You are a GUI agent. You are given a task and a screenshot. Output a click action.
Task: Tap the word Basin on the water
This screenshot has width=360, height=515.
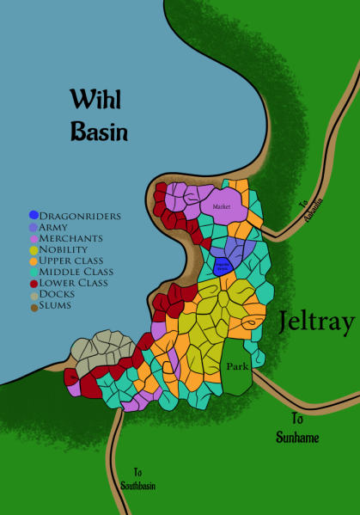tap(99, 132)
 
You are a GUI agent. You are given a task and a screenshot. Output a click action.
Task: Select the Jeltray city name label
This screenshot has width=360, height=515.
tap(315, 323)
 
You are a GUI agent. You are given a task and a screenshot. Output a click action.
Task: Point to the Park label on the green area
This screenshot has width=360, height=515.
tap(238, 366)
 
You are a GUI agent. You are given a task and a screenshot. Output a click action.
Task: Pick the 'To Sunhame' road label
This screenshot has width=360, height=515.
tap(298, 428)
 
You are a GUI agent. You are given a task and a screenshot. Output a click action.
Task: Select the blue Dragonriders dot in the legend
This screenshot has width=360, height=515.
tap(34, 215)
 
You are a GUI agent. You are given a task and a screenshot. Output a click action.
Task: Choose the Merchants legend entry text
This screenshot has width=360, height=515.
tap(71, 237)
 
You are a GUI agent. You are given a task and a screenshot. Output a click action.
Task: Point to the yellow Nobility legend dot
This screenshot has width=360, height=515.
tap(34, 249)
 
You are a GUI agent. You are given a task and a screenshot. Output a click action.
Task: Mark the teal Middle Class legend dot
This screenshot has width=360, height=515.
tap(34, 272)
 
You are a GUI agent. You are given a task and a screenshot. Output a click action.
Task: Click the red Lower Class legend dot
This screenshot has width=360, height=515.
tap(34, 283)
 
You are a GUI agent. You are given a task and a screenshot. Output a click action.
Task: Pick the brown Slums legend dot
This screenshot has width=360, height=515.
tap(34, 305)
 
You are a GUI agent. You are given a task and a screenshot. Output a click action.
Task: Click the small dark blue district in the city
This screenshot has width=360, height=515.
tap(222, 267)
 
